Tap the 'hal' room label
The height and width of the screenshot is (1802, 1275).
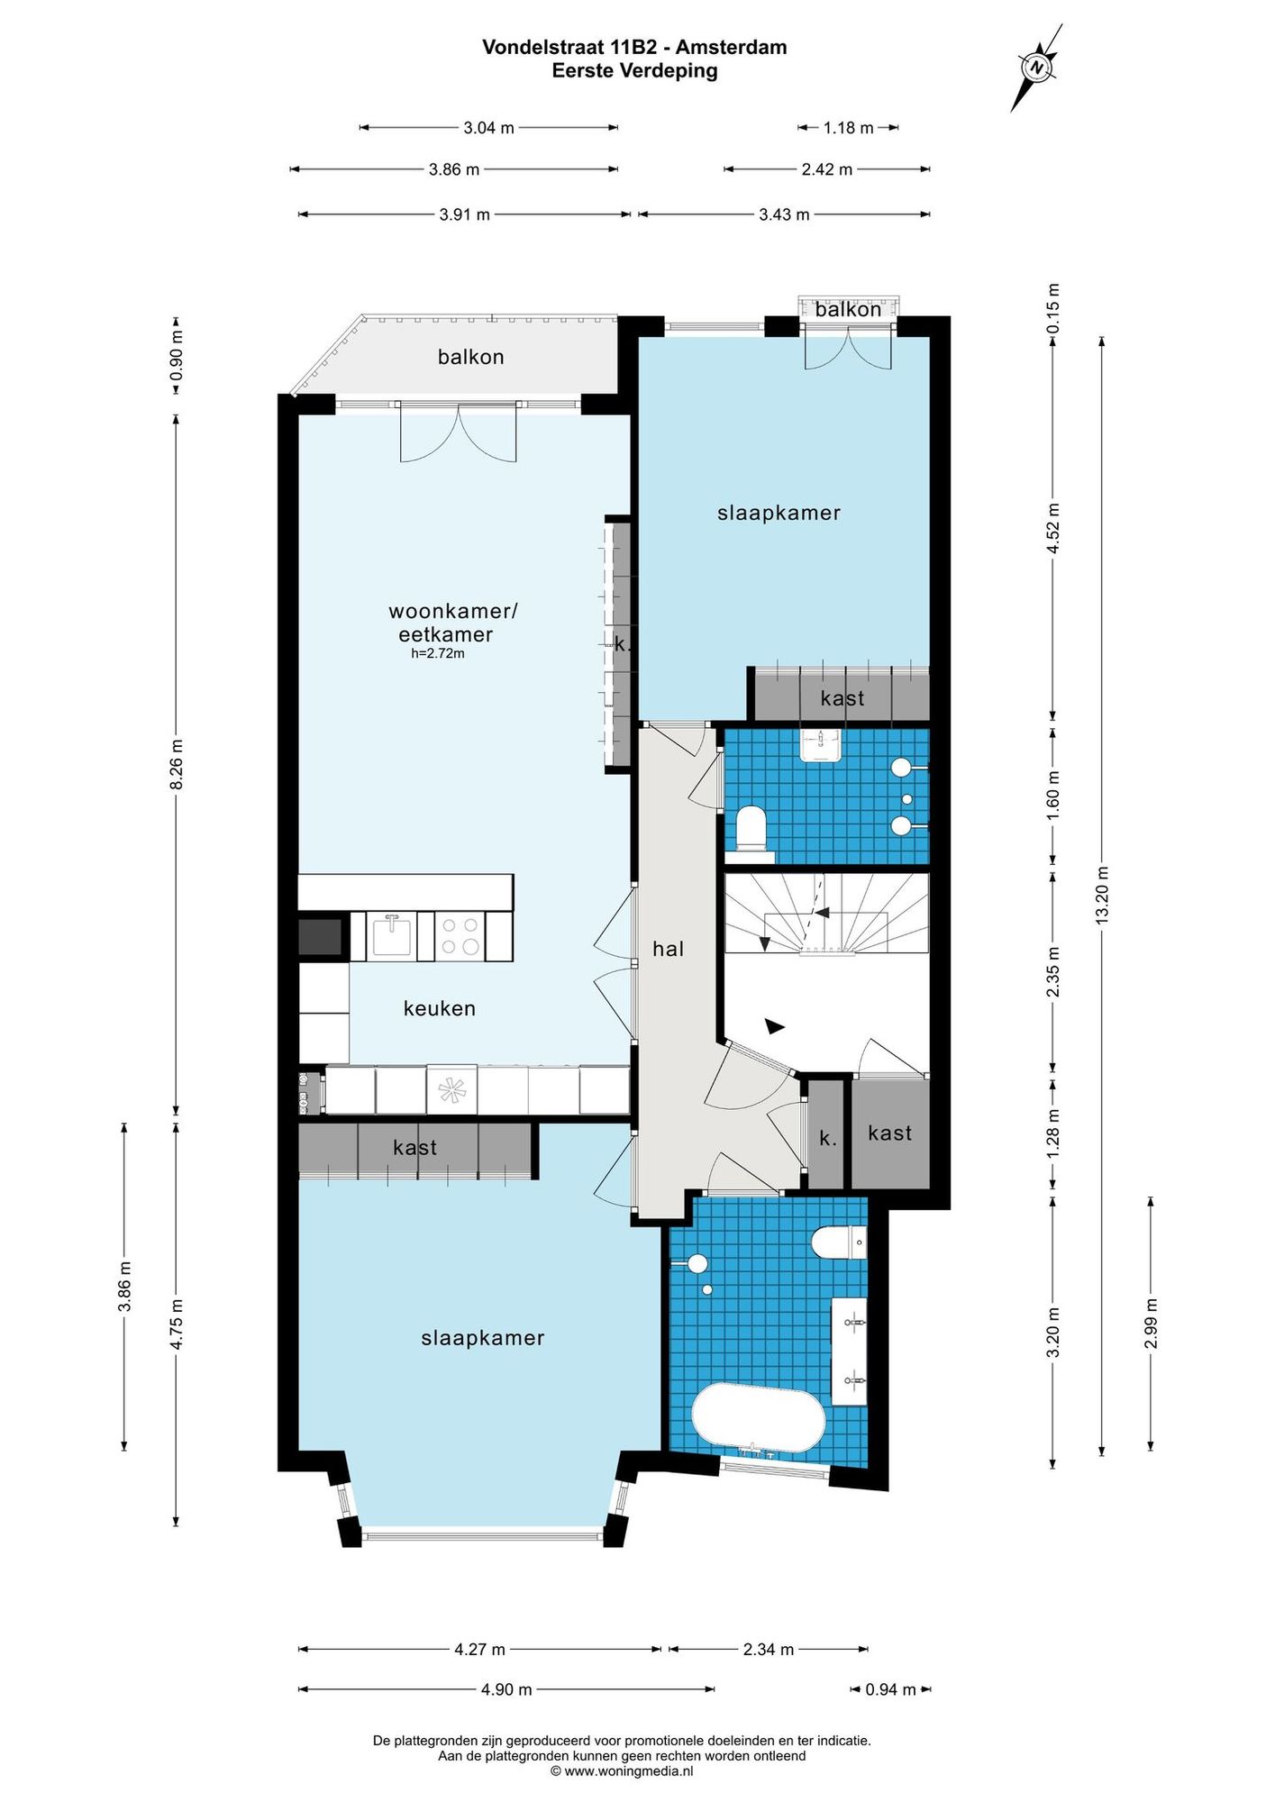tap(669, 949)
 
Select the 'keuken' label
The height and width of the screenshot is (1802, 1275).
tap(440, 1008)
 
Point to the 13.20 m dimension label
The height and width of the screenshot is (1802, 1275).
tap(1102, 895)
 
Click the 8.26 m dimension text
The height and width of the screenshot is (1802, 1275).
tap(177, 765)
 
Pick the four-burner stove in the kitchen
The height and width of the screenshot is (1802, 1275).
tap(460, 935)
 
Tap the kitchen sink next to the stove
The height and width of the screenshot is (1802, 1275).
tap(392, 935)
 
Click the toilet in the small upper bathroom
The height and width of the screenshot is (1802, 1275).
tap(751, 828)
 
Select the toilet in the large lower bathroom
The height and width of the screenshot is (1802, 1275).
tap(839, 1243)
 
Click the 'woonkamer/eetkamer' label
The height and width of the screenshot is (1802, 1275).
tap(452, 623)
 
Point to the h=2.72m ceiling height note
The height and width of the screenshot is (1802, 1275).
tap(438, 654)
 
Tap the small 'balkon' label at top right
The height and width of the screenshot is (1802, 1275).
tap(848, 310)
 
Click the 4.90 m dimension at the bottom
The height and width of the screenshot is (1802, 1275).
tap(506, 1689)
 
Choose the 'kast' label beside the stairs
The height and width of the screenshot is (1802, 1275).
tap(889, 1133)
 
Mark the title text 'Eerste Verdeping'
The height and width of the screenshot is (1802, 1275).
tap(634, 71)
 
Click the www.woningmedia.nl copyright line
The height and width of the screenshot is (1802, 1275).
tap(622, 1770)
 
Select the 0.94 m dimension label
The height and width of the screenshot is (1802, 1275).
tap(890, 1689)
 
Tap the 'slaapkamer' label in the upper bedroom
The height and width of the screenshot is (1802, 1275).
tap(779, 513)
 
